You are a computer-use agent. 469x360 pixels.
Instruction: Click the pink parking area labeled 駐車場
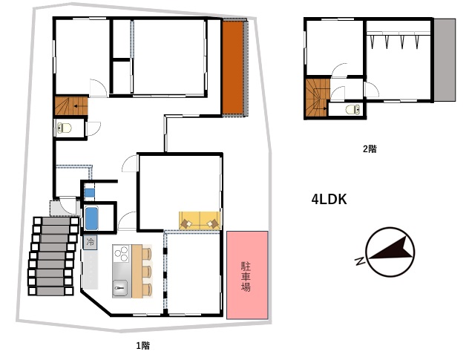(x=247, y=275)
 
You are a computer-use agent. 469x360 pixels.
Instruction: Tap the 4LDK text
(x=329, y=200)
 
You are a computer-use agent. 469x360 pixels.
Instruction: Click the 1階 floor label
(x=143, y=346)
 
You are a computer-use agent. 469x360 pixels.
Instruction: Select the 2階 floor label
(x=370, y=148)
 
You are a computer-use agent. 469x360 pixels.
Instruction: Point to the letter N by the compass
(x=360, y=261)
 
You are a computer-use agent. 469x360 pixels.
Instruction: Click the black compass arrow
(x=391, y=249)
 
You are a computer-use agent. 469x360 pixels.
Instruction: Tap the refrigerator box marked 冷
(x=90, y=242)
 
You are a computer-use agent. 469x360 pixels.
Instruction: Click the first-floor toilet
(x=64, y=128)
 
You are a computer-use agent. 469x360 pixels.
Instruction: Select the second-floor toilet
(x=353, y=110)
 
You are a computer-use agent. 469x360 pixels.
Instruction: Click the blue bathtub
(x=91, y=218)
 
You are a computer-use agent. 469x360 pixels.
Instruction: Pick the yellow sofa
(x=200, y=220)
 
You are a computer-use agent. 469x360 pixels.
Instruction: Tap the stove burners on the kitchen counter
(x=121, y=254)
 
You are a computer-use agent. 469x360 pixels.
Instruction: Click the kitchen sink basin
(x=120, y=289)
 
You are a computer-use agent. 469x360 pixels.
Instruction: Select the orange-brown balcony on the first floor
(x=233, y=68)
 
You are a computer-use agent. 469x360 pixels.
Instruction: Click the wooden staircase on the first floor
(x=71, y=105)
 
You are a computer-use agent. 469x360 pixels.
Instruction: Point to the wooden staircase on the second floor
(x=317, y=97)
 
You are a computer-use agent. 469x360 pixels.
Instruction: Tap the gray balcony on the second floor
(x=445, y=60)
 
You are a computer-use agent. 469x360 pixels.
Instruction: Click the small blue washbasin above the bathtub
(x=90, y=192)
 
